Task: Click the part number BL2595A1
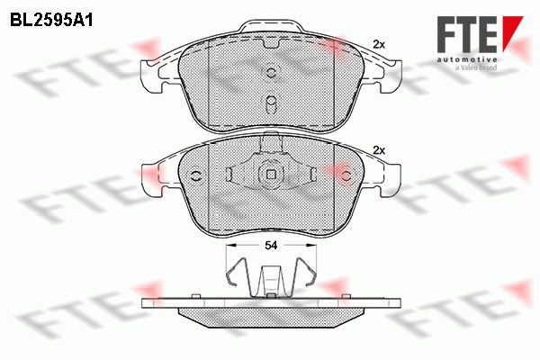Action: (x=51, y=21)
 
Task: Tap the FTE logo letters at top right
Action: (x=467, y=34)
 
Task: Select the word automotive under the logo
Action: (x=467, y=59)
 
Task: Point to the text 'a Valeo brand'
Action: (x=476, y=67)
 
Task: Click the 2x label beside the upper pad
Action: (x=379, y=44)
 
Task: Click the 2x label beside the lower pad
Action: (x=379, y=150)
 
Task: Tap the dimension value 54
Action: (x=271, y=246)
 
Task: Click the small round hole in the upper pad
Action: (x=271, y=72)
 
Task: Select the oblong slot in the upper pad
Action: (x=271, y=103)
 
